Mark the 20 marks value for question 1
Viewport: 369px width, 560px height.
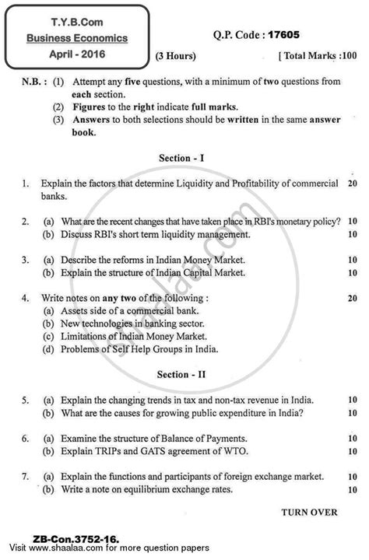point(352,184)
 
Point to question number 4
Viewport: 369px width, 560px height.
point(26,298)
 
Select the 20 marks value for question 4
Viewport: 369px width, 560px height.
point(352,298)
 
